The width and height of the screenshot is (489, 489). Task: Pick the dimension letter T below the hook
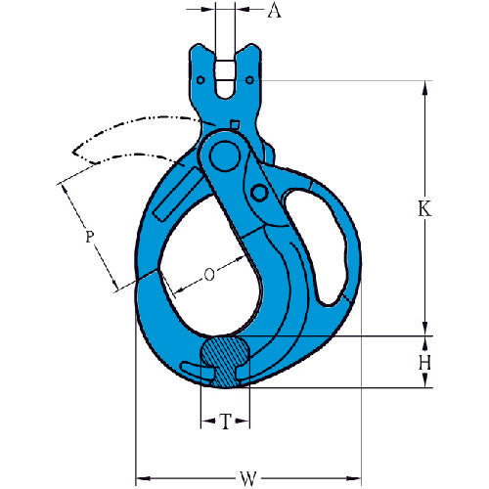[x=226, y=422]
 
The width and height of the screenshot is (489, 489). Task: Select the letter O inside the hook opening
[x=209, y=275]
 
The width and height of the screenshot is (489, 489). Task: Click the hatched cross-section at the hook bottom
[x=226, y=359]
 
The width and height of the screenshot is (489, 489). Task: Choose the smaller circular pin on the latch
[x=262, y=194]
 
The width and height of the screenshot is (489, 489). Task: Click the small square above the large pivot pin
[x=236, y=123]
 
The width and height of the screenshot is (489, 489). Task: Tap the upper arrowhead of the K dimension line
[x=426, y=88]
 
